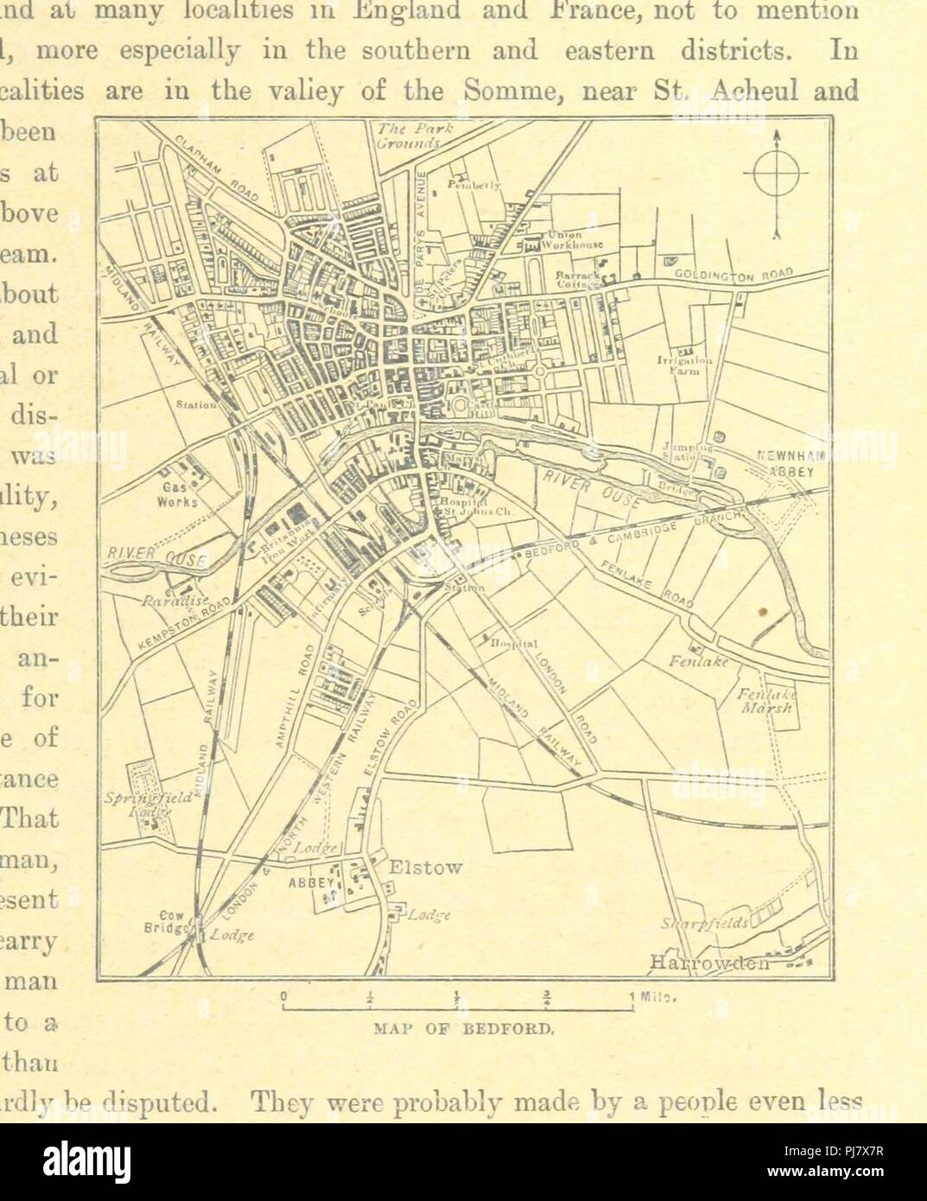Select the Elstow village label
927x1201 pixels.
426,867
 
